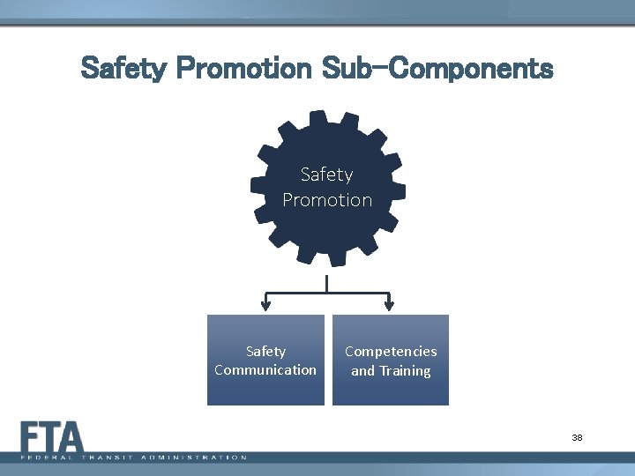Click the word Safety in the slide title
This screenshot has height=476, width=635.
tap(123, 68)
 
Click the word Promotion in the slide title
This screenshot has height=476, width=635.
tap(243, 68)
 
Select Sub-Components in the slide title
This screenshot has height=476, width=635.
tap(437, 68)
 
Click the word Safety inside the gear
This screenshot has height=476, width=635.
tap(326, 175)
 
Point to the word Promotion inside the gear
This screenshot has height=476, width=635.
tap(327, 200)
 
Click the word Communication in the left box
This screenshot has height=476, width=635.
tap(265, 369)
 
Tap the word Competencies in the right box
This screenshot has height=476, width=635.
tap(391, 351)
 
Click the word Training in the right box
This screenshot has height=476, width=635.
tap(404, 370)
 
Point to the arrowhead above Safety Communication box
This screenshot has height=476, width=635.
tap(265, 308)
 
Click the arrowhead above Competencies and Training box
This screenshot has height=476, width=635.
tap(389, 308)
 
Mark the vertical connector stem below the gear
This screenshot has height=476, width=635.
tap(327, 283)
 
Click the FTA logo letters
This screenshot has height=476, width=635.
tap(52, 437)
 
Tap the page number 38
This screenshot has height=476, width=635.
tap(577, 438)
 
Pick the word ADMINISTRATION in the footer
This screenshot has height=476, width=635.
tap(195, 457)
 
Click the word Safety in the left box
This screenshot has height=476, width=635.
tap(265, 351)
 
